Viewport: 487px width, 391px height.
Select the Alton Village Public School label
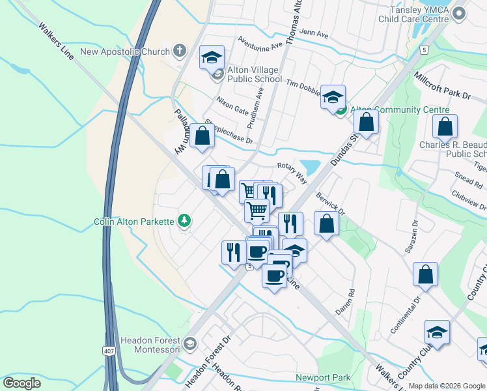pyautogui.click(x=254, y=74)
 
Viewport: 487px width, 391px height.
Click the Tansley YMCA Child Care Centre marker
pyautogui.click(x=460, y=13)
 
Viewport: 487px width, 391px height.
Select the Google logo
pyautogui.click(x=21, y=383)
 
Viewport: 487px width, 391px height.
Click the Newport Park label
pyautogui.click(x=323, y=377)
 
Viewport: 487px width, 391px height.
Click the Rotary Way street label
pyautogui.click(x=292, y=173)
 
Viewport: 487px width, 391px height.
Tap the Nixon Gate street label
pyautogui.click(x=232, y=104)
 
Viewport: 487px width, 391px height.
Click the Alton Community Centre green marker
pyautogui.click(x=341, y=109)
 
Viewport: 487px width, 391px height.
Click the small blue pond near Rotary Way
pyautogui.click(x=311, y=167)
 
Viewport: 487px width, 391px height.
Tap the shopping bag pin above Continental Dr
pyautogui.click(x=425, y=276)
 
